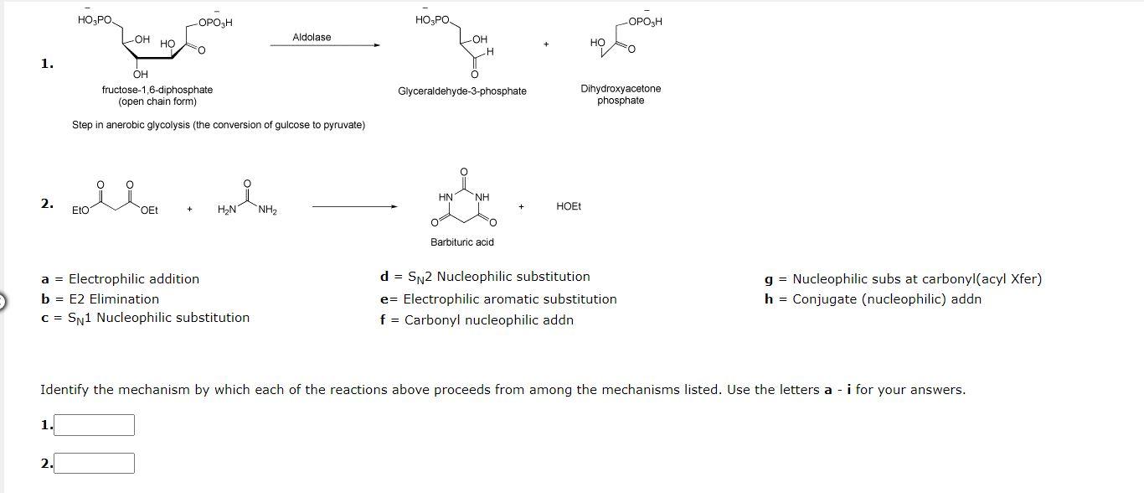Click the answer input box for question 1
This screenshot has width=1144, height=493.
(x=94, y=425)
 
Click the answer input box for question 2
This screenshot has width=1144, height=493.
(x=94, y=463)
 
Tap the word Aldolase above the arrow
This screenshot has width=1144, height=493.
(x=312, y=37)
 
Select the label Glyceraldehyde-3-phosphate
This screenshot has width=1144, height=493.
(x=462, y=91)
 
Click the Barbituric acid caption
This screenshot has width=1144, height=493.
(x=462, y=242)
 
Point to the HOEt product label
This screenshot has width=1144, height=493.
(x=569, y=206)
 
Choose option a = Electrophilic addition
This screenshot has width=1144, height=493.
(x=121, y=279)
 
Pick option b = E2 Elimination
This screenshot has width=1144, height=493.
(x=100, y=298)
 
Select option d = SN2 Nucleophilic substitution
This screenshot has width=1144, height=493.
(x=485, y=277)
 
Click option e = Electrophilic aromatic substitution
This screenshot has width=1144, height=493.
(x=498, y=299)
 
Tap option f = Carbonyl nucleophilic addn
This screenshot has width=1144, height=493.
(x=477, y=319)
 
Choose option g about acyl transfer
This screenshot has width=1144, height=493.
(x=903, y=279)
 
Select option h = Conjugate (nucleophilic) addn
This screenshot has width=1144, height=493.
(x=873, y=299)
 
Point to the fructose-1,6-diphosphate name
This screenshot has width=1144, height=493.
(x=157, y=90)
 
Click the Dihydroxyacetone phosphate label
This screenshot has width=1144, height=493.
(x=621, y=94)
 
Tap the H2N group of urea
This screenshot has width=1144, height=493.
(x=226, y=209)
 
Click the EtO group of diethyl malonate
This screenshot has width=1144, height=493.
(x=80, y=210)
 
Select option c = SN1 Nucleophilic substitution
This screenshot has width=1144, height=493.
(x=145, y=318)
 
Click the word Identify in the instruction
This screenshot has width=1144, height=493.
(x=65, y=390)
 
